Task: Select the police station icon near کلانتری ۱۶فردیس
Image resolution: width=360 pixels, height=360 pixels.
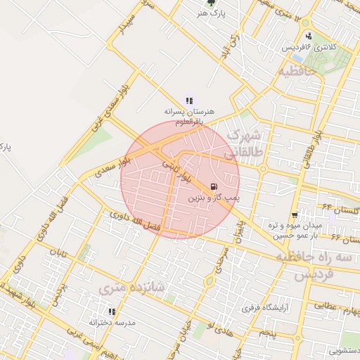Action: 309,37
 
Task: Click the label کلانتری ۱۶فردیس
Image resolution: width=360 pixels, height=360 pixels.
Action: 309,47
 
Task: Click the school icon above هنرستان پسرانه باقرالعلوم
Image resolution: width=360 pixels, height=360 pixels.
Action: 188,101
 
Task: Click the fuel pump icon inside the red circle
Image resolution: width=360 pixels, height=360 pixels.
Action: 212,188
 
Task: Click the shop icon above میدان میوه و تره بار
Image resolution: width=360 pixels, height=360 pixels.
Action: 294,214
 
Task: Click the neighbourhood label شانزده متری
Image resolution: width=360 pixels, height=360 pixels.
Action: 131,287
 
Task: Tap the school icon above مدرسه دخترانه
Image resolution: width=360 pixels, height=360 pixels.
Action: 111,311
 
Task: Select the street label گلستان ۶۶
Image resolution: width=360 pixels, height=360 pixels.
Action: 344,239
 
